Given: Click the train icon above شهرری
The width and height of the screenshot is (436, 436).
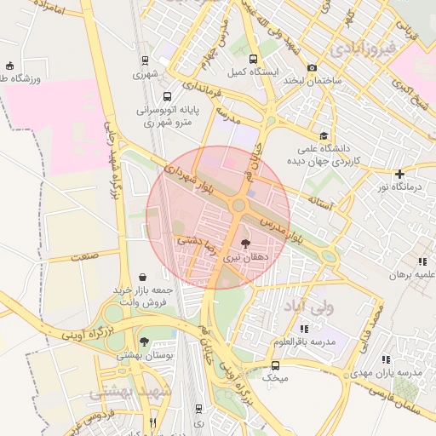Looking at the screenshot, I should click(x=146, y=60).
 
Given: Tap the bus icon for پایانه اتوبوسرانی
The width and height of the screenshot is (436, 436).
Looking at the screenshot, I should click(x=167, y=97).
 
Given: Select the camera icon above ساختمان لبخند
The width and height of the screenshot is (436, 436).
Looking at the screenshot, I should click(x=313, y=67).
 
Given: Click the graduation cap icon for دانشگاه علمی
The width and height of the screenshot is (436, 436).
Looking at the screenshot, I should click(x=324, y=135).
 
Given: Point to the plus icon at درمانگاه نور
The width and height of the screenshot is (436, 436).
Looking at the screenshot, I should click(x=399, y=174).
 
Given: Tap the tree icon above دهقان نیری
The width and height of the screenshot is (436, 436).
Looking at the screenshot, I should click(x=246, y=243).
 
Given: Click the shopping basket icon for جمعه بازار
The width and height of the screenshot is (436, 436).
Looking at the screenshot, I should click(x=142, y=276).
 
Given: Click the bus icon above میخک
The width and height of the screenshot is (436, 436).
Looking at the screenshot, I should click(x=275, y=365).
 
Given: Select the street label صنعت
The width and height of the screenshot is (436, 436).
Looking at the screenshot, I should click(x=84, y=255).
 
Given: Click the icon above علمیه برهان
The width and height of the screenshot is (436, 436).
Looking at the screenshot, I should click(x=422, y=261).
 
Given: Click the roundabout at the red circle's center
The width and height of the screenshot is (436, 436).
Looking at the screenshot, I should click(x=238, y=204).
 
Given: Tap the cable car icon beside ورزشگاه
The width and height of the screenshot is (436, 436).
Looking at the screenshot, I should click(x=9, y=65).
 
